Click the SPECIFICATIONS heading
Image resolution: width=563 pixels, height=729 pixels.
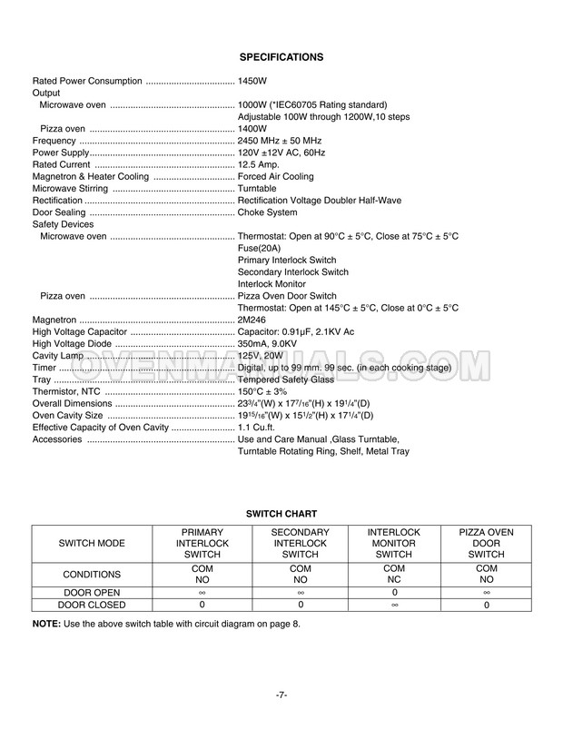pos(281,57)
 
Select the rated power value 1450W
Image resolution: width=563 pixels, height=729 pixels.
pos(252,81)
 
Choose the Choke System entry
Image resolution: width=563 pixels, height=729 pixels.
pos(268,212)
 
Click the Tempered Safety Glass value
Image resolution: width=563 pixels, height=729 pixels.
pos(285,379)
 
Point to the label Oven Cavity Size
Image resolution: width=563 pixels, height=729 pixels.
pos(68,415)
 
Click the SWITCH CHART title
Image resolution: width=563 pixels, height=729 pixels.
pos(281,514)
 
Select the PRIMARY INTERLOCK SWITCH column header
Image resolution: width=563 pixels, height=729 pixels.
pos(202,542)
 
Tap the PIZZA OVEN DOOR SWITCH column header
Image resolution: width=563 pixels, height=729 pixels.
pos(486,542)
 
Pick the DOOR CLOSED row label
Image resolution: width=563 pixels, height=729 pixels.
pos(91,604)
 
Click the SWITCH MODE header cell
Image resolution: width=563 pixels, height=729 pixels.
pos(91,542)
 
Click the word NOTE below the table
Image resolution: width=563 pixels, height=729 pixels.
pos(46,624)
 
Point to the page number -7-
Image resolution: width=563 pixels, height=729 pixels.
pos(281,695)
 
